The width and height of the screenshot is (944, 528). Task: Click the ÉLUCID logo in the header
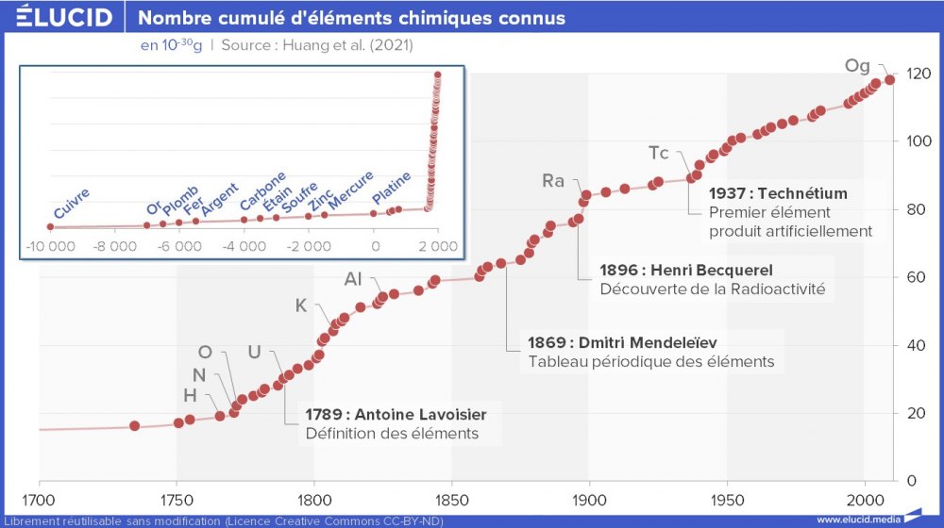click(x=64, y=17)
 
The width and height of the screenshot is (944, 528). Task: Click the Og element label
click(x=857, y=66)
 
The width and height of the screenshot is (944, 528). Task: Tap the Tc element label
click(x=659, y=153)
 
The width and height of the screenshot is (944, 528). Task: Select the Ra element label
click(x=553, y=181)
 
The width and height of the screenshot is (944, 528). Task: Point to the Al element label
click(x=354, y=279)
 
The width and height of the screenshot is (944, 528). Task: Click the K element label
click(x=301, y=305)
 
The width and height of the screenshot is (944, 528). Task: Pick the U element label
click(x=254, y=352)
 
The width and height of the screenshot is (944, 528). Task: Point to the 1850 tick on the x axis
click(x=451, y=500)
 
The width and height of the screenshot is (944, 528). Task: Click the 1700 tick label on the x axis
click(x=39, y=500)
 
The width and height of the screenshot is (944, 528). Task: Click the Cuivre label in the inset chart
click(x=73, y=205)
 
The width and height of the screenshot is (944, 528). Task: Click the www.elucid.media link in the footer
click(x=857, y=520)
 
